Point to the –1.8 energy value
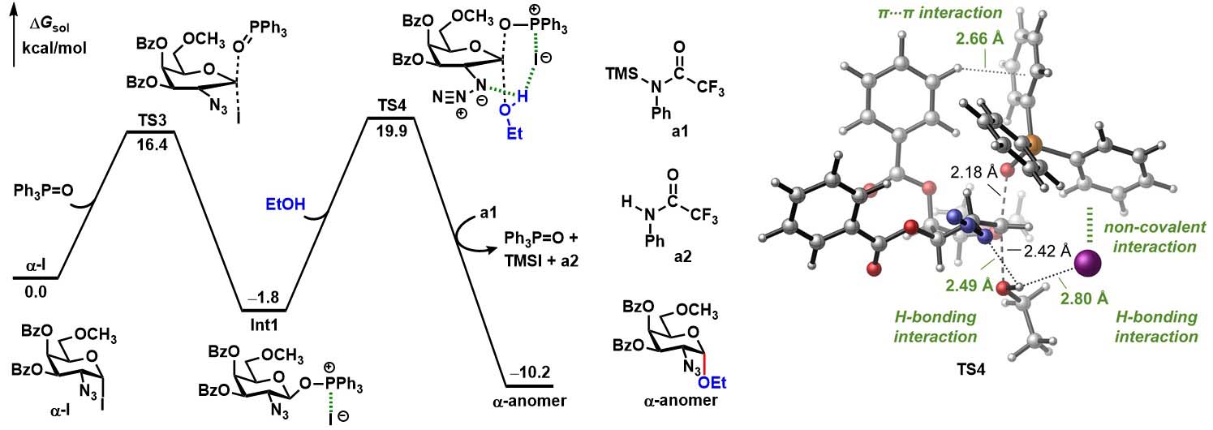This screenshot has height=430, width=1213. [265, 297]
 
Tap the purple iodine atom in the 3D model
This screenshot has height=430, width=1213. [1087, 263]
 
